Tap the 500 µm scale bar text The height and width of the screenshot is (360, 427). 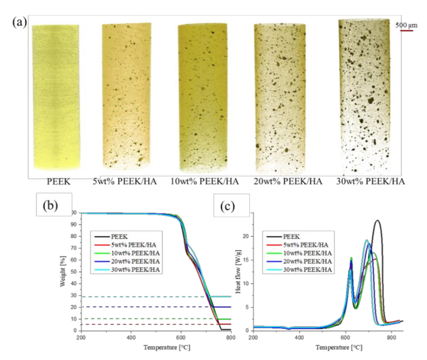click(406, 25)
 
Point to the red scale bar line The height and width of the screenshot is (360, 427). click(406, 31)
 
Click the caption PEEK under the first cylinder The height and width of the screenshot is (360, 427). click(58, 181)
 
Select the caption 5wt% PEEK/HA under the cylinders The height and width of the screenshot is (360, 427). click(125, 181)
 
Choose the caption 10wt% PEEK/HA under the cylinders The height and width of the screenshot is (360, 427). click(205, 181)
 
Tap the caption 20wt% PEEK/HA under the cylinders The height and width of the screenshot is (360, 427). click(288, 181)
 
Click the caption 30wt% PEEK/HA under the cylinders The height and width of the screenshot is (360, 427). click(370, 181)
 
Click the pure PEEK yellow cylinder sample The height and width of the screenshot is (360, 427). click(56, 96)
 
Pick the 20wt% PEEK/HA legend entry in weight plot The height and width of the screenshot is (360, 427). click(135, 261)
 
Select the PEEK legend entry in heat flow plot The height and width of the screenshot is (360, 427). click(291, 237)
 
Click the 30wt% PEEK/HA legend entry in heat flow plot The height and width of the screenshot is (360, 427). click(307, 270)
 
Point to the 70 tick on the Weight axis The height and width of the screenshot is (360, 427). click(73, 248)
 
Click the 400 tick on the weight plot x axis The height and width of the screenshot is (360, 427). click(131, 337)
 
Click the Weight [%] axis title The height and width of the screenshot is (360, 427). click(63, 271)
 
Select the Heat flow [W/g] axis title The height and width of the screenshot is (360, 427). click(238, 271)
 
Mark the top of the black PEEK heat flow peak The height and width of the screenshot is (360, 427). click(378, 220)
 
